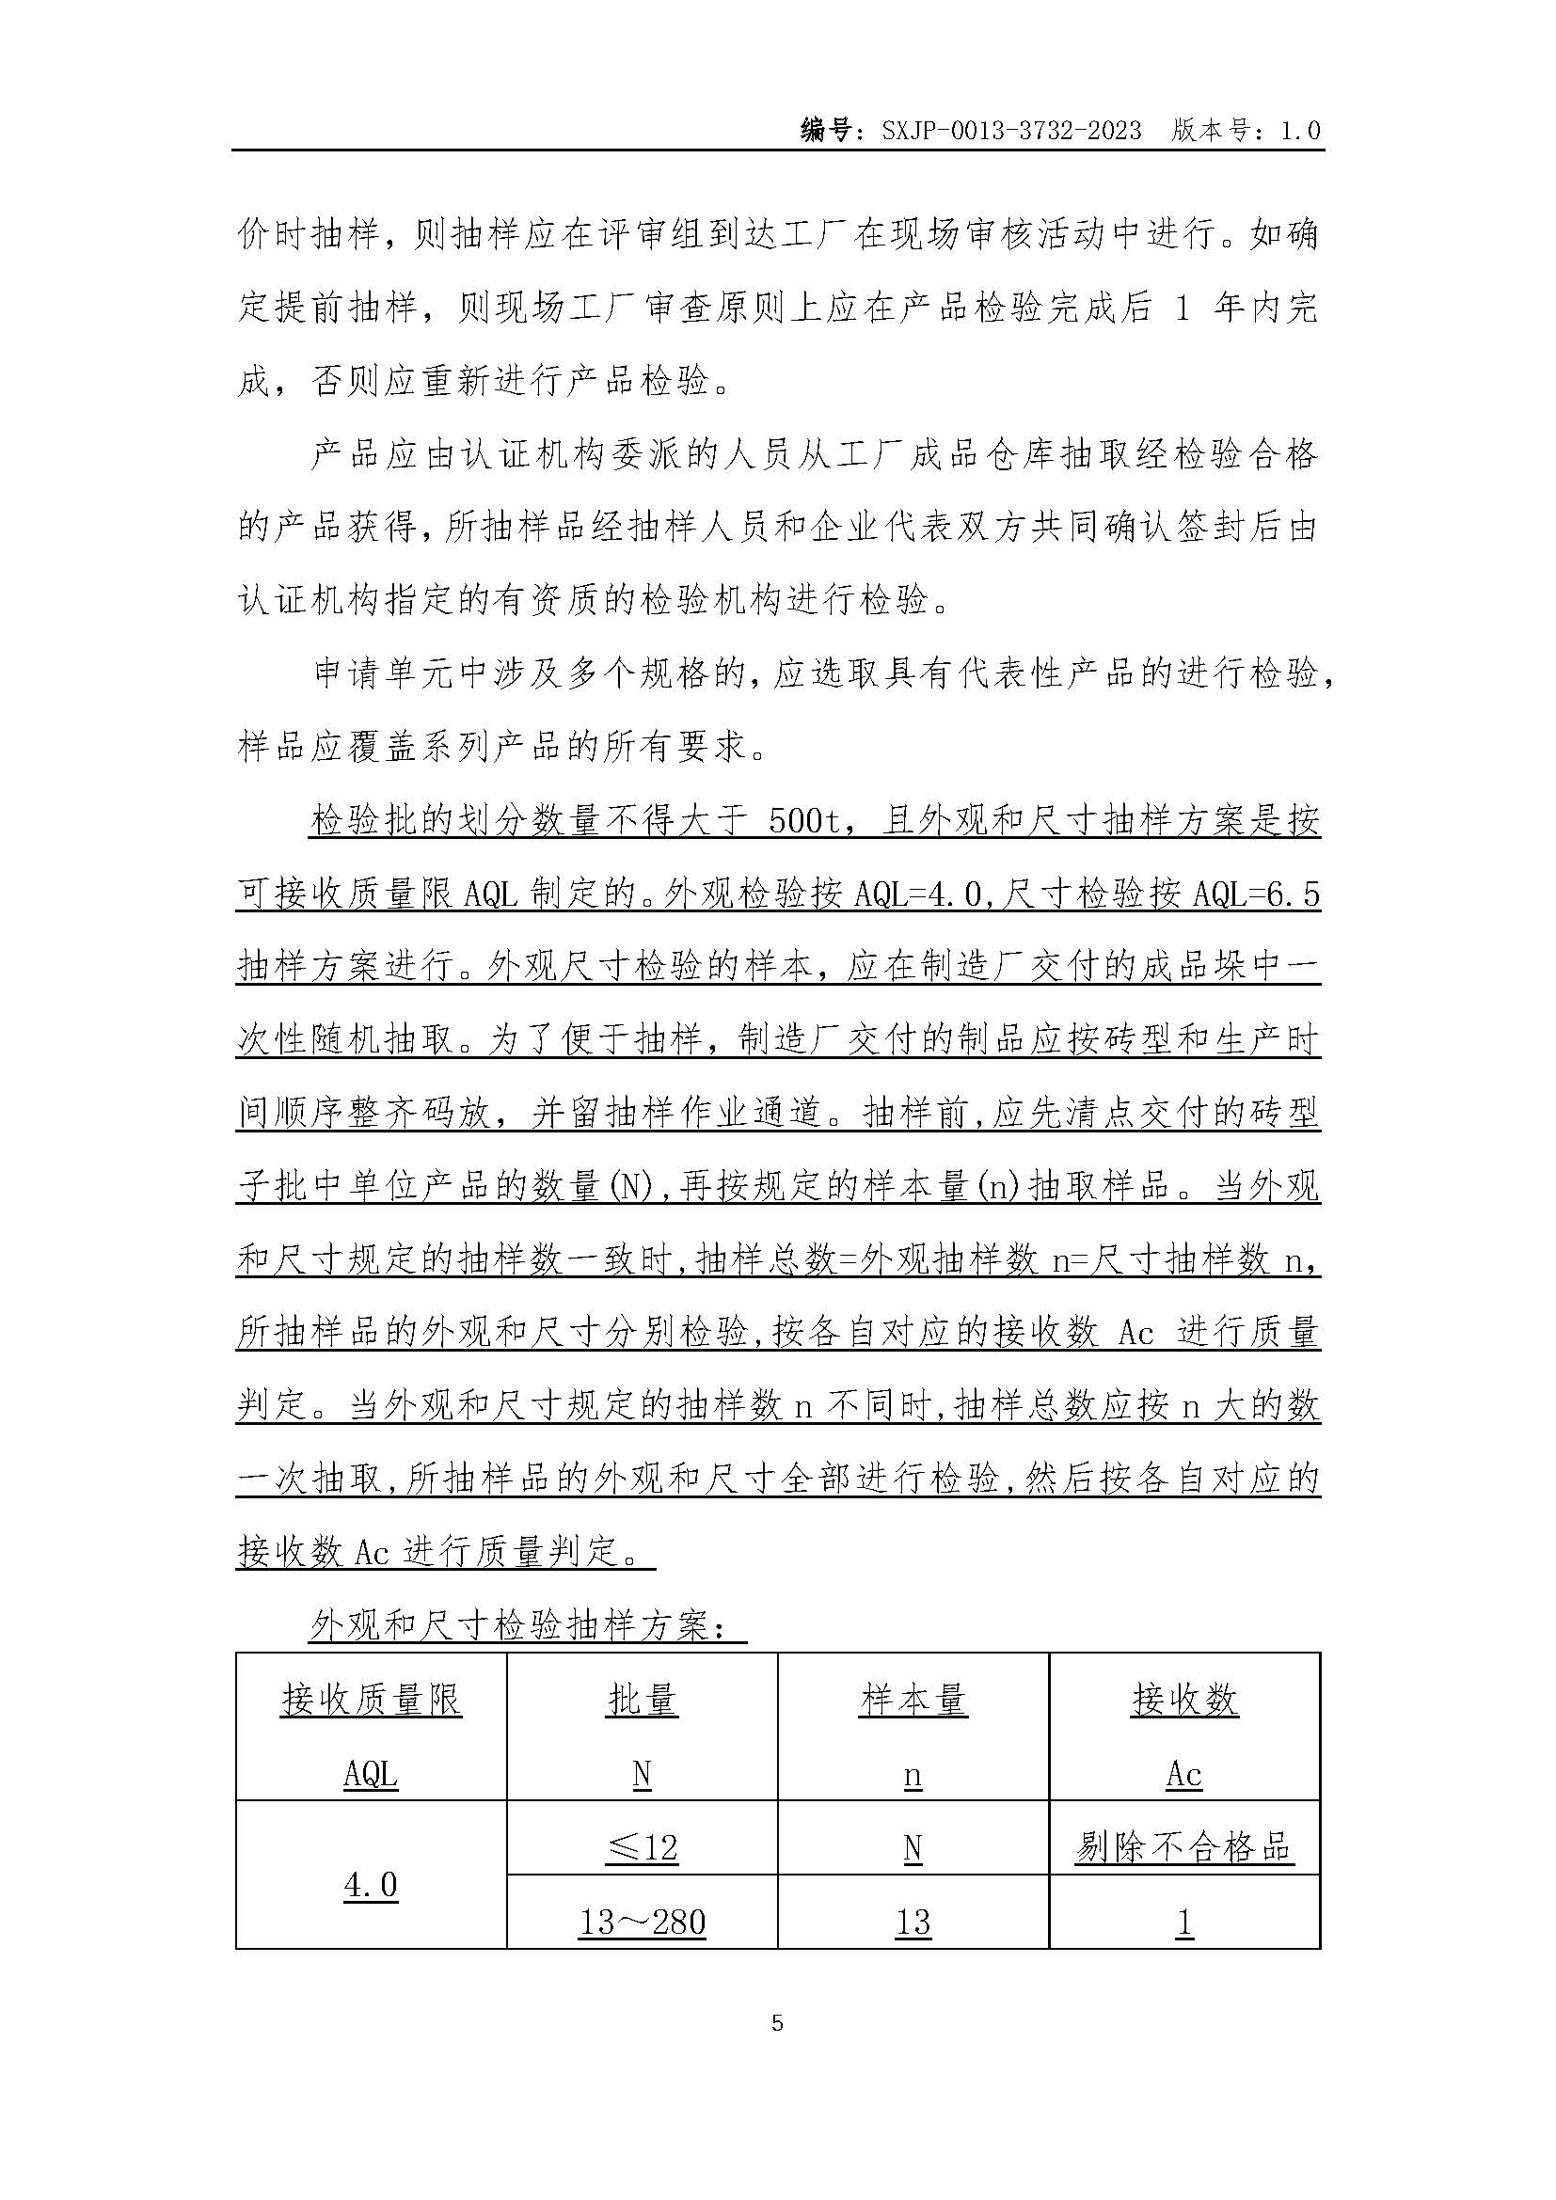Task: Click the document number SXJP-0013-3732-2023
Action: coord(1010,132)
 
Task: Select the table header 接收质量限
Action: coord(371,1700)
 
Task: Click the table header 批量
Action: coord(642,1700)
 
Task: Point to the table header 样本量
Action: coord(913,1700)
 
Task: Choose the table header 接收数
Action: coord(1184,1700)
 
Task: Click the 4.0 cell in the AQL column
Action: coord(371,1885)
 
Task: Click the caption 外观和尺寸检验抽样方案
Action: coord(525,1625)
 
